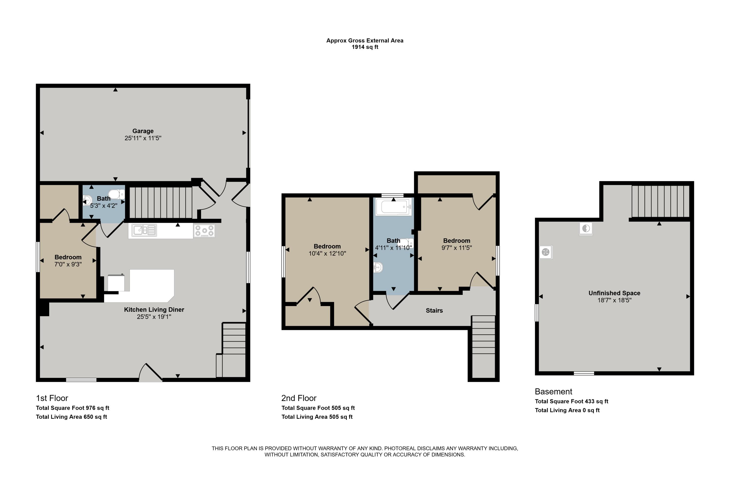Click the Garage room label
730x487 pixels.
[x=143, y=131]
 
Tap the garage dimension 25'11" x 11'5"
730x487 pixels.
[x=143, y=138]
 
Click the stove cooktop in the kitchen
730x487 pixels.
[x=204, y=231]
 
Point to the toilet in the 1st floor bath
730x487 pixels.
[x=117, y=194]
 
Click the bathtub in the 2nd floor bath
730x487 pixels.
[x=393, y=206]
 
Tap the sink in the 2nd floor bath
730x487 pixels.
[x=378, y=267]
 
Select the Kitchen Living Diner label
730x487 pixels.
[x=154, y=310]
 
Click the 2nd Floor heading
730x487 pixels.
[x=299, y=398]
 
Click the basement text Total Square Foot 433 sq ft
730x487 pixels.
[x=571, y=401]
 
